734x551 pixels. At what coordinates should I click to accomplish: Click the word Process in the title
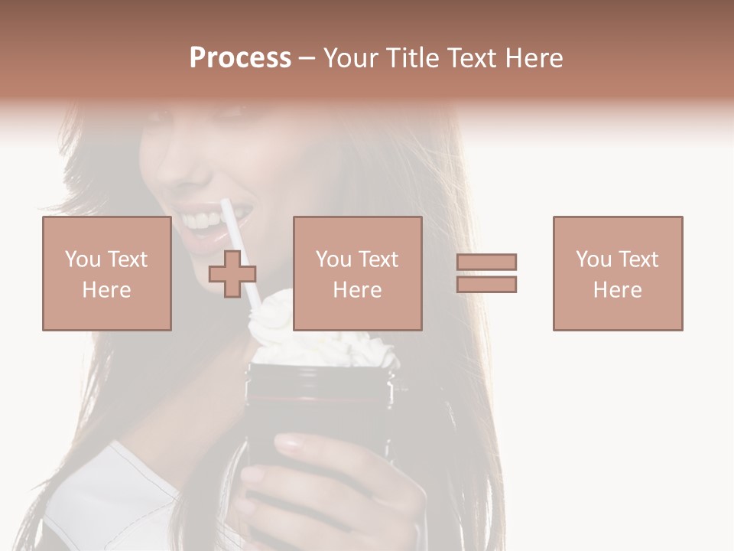pyautogui.click(x=240, y=58)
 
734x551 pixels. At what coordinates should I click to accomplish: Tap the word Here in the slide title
pyautogui.click(x=532, y=58)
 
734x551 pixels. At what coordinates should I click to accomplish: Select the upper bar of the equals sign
pyautogui.click(x=486, y=262)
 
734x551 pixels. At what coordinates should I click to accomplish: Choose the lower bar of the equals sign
pyautogui.click(x=486, y=284)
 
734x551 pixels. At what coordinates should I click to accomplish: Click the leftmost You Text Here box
pyautogui.click(x=106, y=273)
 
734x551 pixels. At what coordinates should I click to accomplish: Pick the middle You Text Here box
pyautogui.click(x=357, y=273)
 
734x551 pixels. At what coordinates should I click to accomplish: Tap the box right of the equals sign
pyautogui.click(x=617, y=273)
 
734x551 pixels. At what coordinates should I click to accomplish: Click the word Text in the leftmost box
pyautogui.click(x=127, y=259)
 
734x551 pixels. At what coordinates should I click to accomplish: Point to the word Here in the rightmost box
pyautogui.click(x=617, y=290)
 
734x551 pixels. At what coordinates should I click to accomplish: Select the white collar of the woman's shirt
pyautogui.click(x=115, y=490)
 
